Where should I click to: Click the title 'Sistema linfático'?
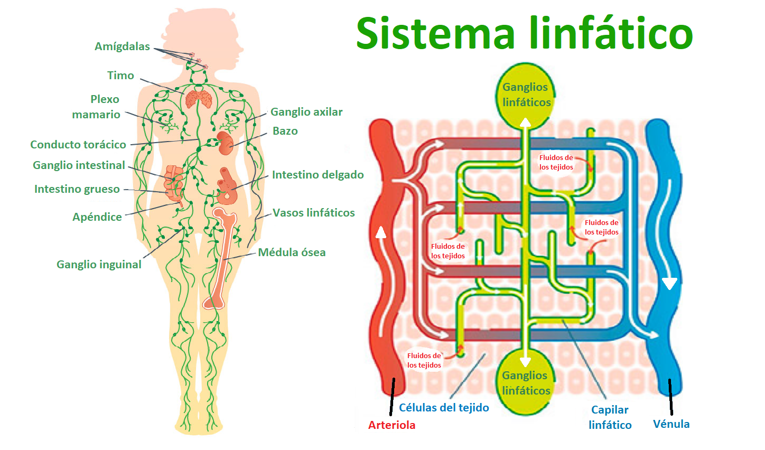[524, 33]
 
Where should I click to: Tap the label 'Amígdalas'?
[122, 46]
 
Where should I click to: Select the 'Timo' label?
[120, 76]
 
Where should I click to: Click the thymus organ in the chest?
[199, 99]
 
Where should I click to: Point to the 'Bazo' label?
[285, 131]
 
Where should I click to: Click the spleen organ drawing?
[226, 143]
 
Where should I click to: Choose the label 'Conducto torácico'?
[78, 145]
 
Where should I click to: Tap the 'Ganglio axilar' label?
[306, 112]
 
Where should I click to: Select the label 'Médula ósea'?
[292, 252]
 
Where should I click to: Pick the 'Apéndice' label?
[97, 217]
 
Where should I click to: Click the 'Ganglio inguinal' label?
[99, 265]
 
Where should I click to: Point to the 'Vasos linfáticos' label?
[313, 213]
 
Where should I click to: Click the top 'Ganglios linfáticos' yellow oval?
[526, 95]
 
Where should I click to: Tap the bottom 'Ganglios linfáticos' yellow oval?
[525, 383]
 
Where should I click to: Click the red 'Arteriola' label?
[391, 425]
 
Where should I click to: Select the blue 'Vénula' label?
[671, 424]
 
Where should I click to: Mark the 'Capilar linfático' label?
[610, 417]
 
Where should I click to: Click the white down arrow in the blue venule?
[669, 284]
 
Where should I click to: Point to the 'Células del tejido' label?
[444, 408]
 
